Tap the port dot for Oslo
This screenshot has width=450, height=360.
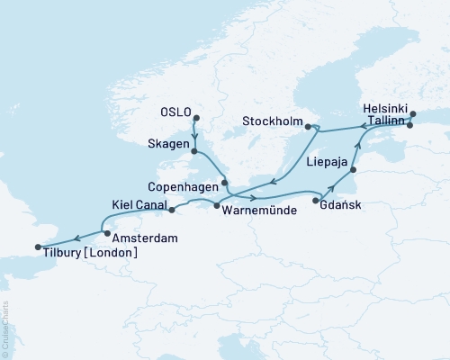[196, 117]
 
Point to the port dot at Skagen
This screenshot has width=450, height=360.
[195, 152]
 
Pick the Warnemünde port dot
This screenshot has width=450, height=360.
[217, 206]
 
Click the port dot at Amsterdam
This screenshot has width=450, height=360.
[107, 234]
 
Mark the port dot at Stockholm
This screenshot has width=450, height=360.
[307, 126]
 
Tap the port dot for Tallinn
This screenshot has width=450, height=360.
[409, 125]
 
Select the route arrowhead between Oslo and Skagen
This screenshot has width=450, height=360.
[196, 137]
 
